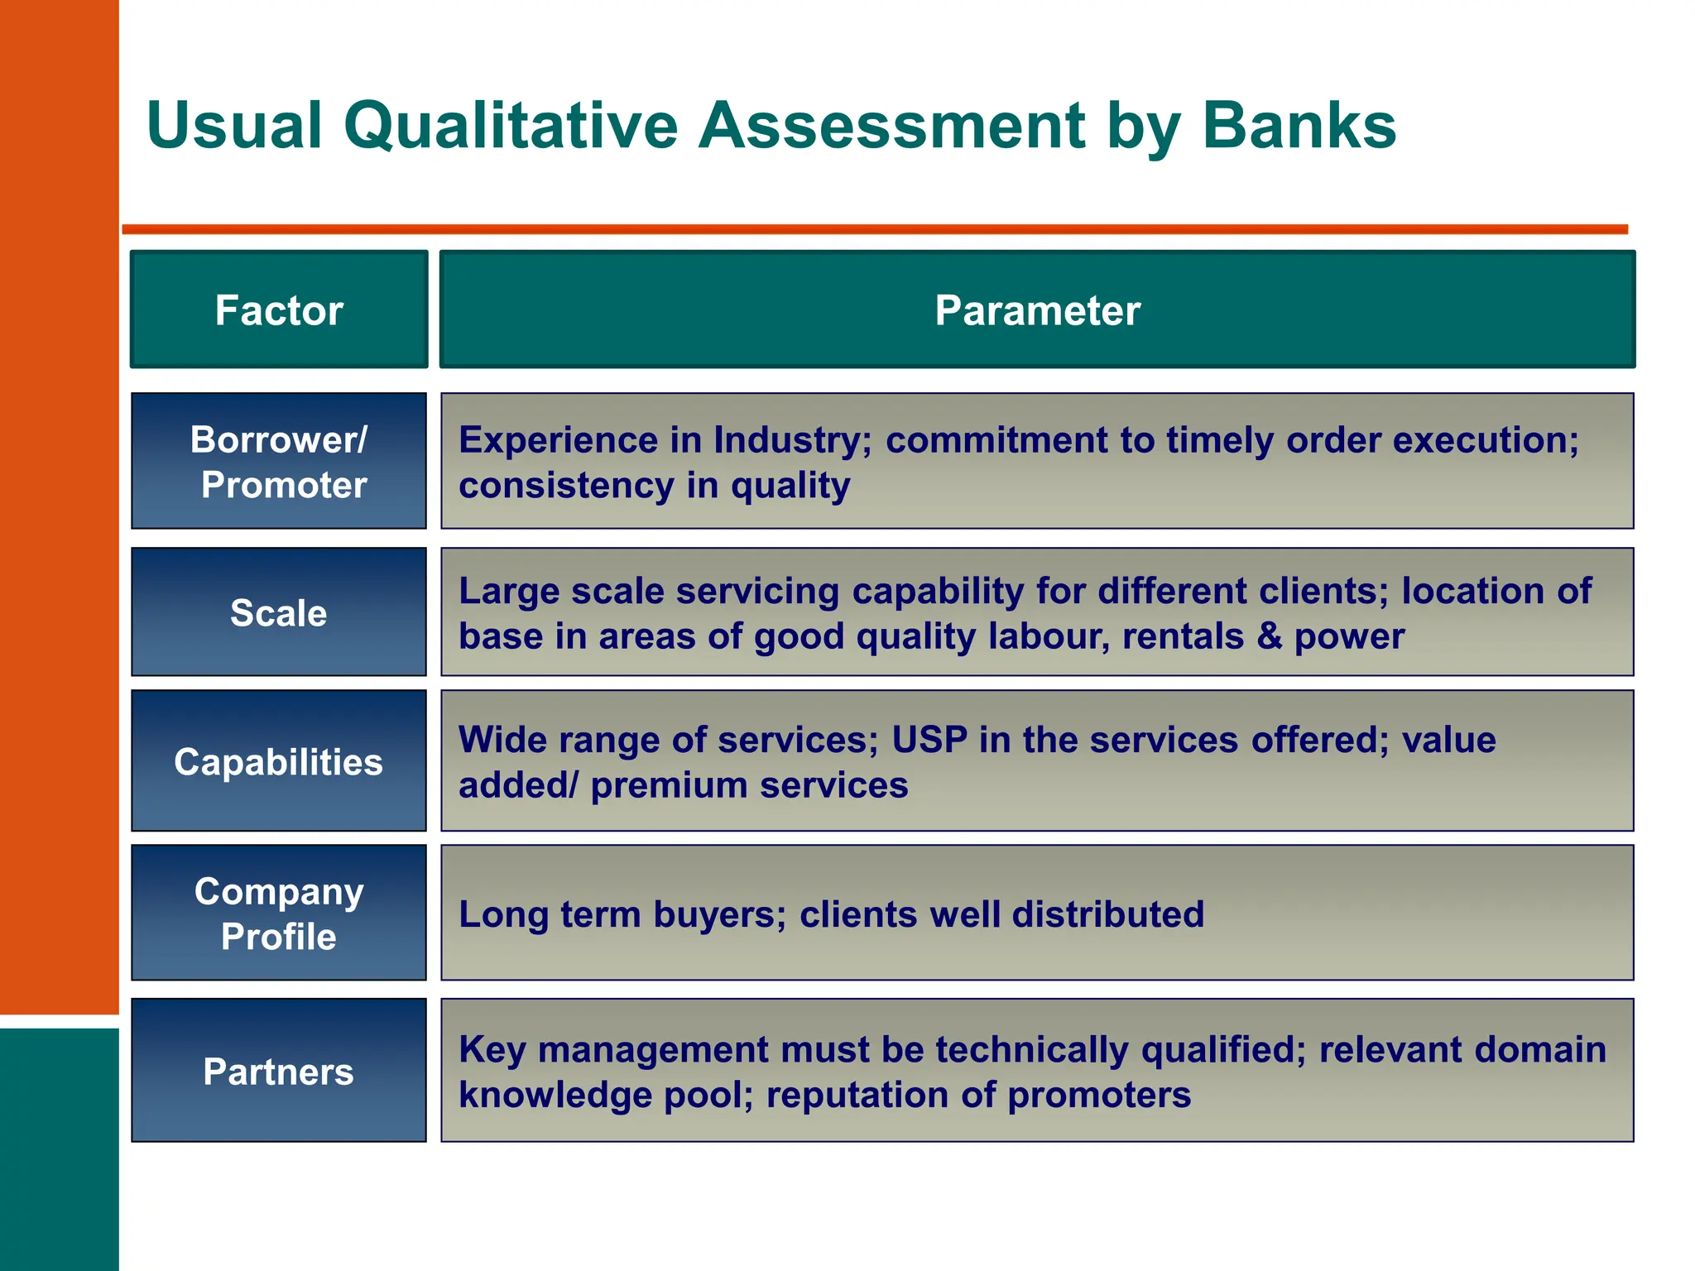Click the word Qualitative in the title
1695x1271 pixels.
coord(511,126)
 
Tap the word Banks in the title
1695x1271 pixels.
coord(1299,126)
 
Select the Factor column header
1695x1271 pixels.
coord(279,310)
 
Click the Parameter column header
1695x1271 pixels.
coord(1037,310)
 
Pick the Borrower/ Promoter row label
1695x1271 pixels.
coord(279,462)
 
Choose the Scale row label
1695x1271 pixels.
coord(279,613)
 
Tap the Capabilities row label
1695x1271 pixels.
coord(279,762)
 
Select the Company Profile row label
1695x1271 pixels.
coord(279,914)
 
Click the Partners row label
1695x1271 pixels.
coord(279,1072)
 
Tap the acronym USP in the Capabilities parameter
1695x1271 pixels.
coord(929,740)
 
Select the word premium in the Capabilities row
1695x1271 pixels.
coord(669,785)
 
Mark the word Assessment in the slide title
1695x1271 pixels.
coord(892,126)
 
